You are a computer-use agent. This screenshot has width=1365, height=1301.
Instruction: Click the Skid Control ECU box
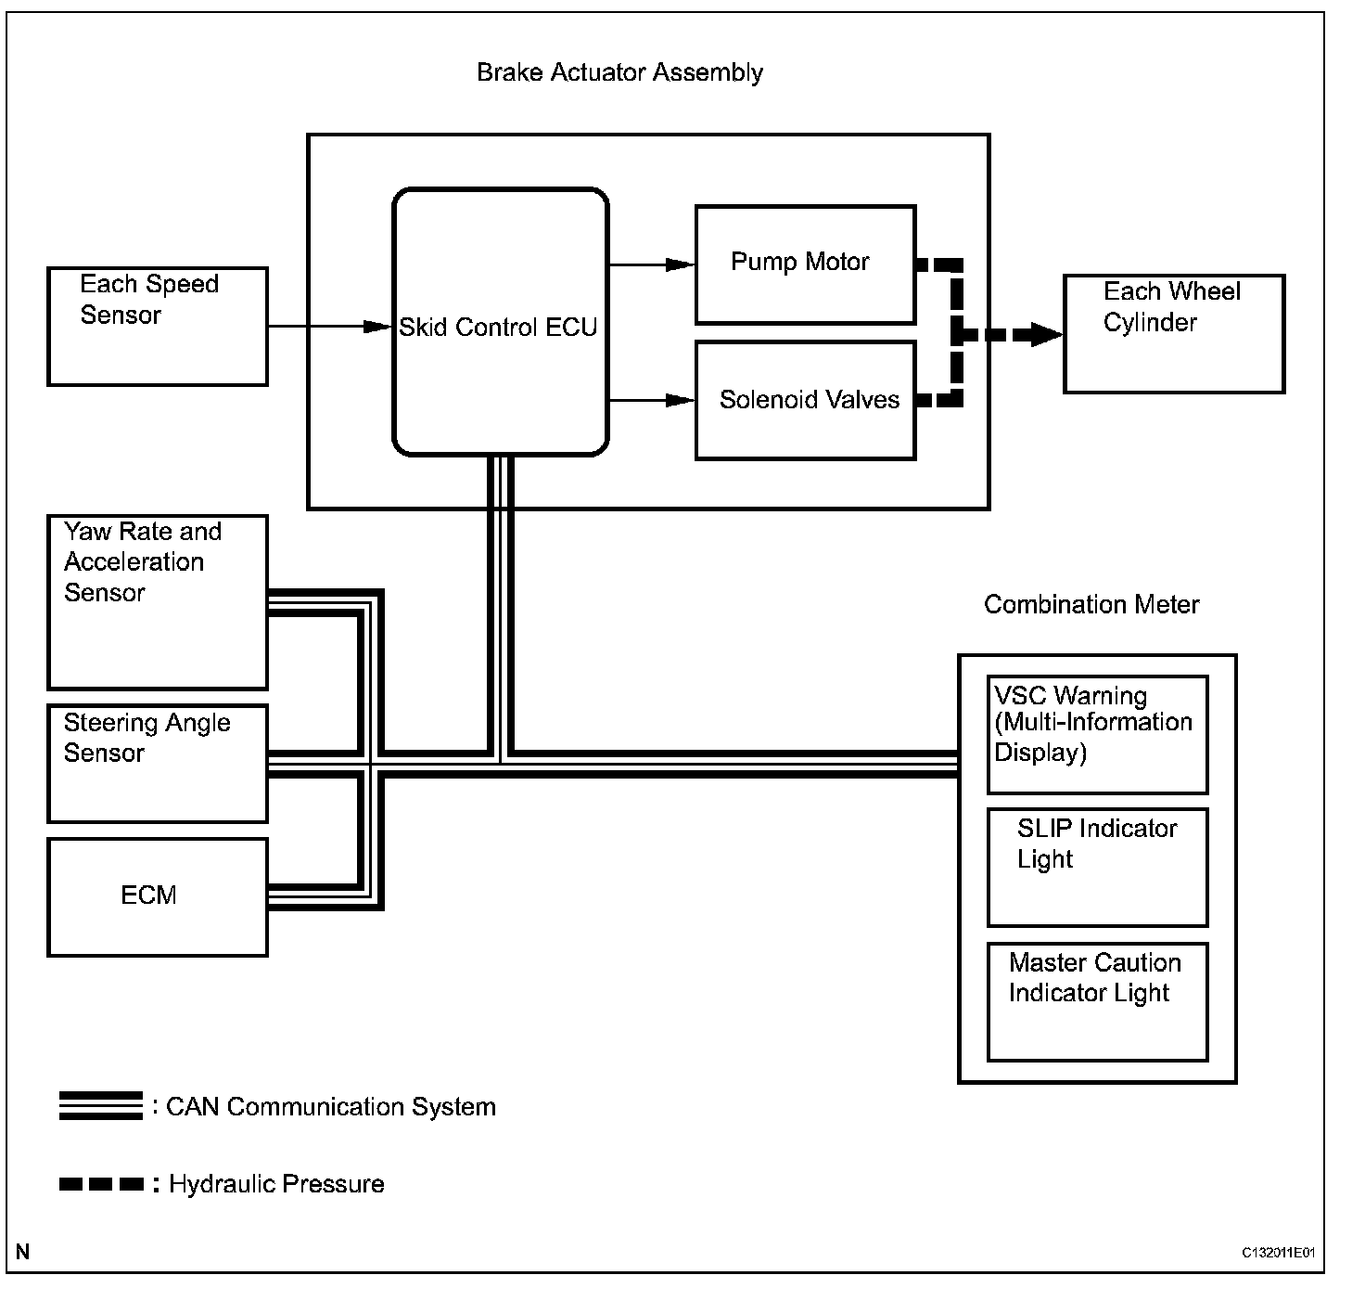[x=500, y=323]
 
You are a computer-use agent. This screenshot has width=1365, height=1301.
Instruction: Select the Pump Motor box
[x=805, y=264]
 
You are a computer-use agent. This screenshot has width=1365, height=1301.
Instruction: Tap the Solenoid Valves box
[x=805, y=400]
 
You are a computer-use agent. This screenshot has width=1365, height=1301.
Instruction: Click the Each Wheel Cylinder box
[x=1173, y=334]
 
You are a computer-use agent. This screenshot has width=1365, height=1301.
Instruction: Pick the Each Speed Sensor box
[x=158, y=327]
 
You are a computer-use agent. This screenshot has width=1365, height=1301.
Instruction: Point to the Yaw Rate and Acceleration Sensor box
[x=158, y=602]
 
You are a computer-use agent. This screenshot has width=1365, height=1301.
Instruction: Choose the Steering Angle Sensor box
[x=158, y=764]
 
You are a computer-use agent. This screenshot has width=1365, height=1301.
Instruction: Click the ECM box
[x=158, y=896]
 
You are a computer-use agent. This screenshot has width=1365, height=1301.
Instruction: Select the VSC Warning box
[x=1097, y=734]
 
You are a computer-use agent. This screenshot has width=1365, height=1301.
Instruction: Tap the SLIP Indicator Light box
[x=1097, y=868]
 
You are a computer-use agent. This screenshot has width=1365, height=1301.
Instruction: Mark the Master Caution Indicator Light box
[x=1097, y=1001]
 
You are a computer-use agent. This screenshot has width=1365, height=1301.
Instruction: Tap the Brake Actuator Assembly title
[x=619, y=72]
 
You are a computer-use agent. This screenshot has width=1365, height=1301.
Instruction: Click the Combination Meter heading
[x=1091, y=605]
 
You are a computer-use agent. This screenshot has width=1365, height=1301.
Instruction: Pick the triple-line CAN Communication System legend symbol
[x=100, y=1106]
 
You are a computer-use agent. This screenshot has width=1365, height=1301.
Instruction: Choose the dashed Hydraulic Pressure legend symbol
[x=101, y=1184]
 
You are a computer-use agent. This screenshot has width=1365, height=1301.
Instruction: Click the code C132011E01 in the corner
[x=1278, y=1253]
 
